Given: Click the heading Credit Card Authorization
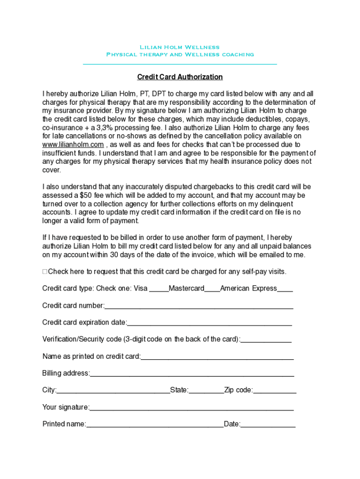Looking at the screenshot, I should coord(180,77).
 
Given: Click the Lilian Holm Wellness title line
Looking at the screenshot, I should coord(180,47).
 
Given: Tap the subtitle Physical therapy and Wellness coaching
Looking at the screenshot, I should coord(180,54).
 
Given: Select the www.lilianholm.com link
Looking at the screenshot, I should coord(73,145).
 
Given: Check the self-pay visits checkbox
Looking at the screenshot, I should coord(45,272).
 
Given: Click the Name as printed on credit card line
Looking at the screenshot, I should coord(217,357).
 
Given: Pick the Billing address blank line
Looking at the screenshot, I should coord(192,374).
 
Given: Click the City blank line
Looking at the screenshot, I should coord(113,391).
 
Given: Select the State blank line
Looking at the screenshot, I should coord(206,391).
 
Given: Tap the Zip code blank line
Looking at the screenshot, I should coord(275,391).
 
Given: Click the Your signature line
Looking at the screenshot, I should coord(192,408).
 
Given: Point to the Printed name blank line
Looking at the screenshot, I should coord(155,425).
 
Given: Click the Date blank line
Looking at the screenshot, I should coord(268,425).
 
